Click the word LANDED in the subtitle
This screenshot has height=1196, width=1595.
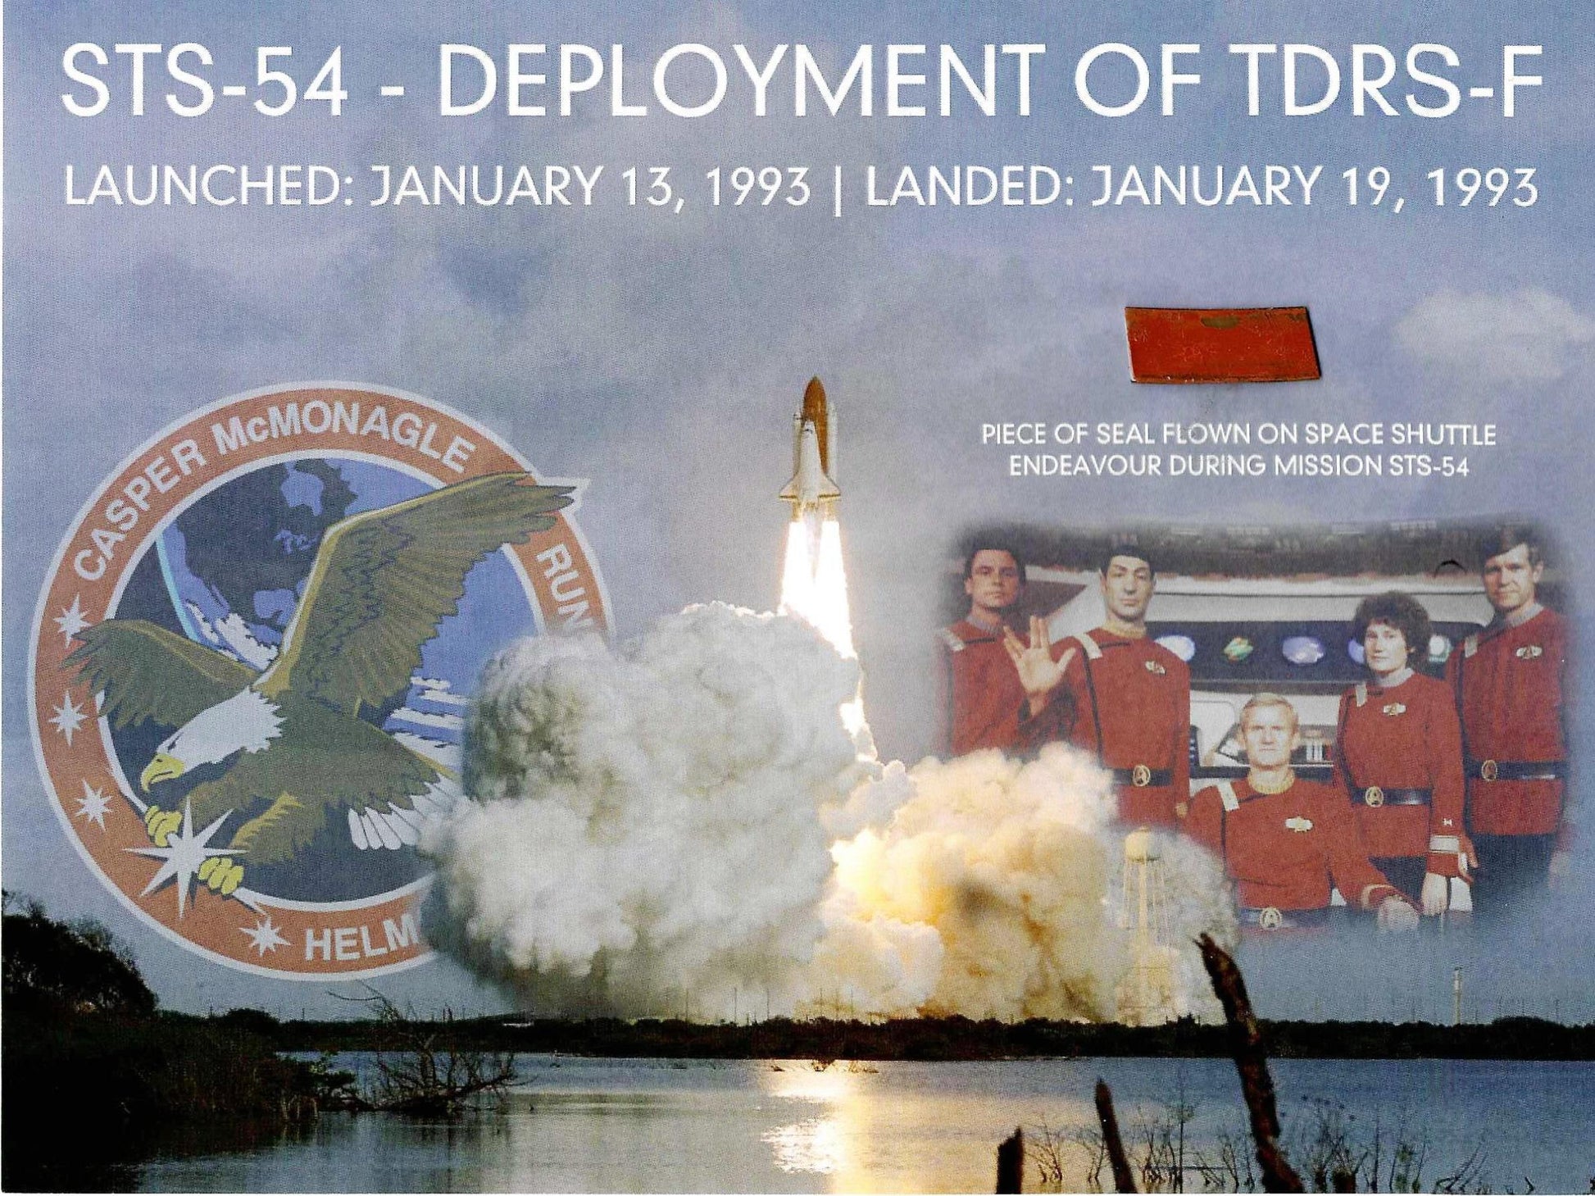pos(970,189)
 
